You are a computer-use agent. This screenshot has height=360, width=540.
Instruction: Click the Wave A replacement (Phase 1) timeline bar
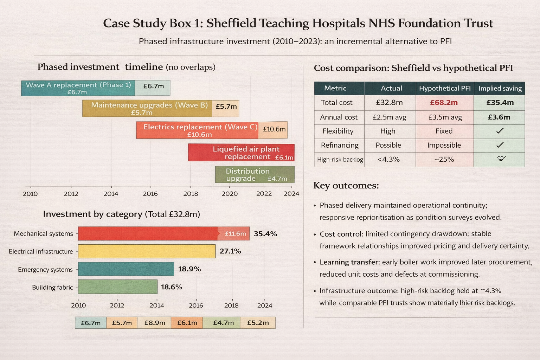click(78, 88)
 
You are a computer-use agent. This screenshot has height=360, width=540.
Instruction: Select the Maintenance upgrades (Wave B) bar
click(147, 108)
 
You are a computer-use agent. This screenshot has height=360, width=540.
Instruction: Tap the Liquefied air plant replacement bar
click(241, 153)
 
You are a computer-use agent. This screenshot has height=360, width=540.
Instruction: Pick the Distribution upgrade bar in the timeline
click(255, 174)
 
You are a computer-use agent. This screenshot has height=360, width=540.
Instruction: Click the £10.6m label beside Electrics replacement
click(274, 129)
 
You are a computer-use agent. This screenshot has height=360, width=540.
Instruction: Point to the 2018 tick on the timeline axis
click(191, 194)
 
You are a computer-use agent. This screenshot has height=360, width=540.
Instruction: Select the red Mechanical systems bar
click(148, 233)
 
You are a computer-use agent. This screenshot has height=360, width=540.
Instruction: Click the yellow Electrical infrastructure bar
click(146, 251)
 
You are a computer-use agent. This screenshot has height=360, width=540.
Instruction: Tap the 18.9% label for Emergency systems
click(189, 269)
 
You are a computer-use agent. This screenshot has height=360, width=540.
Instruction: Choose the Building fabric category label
click(52, 288)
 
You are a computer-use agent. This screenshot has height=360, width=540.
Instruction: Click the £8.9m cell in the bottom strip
click(155, 323)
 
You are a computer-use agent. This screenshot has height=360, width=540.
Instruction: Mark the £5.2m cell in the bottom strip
click(258, 323)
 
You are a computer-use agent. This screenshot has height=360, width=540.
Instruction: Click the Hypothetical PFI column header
click(445, 89)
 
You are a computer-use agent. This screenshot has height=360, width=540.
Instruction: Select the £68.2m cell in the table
click(444, 103)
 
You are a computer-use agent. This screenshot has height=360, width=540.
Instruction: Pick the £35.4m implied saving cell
click(500, 103)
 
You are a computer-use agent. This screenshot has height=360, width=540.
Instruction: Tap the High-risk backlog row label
click(340, 160)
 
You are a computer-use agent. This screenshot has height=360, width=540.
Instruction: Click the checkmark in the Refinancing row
click(500, 145)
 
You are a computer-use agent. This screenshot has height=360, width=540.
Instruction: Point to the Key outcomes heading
click(346, 186)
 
